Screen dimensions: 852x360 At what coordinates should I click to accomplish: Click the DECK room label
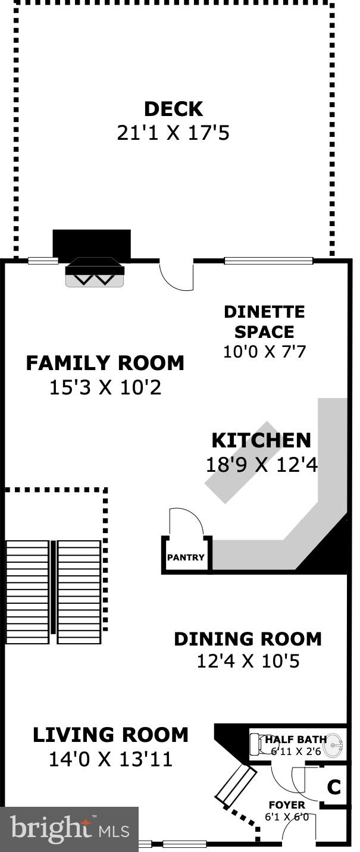coord(173,109)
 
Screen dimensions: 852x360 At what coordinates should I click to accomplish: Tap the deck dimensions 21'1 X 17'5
coord(173,133)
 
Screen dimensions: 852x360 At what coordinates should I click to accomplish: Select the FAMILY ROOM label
coord(105,362)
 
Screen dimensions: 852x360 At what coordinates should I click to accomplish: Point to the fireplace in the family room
coord(94,272)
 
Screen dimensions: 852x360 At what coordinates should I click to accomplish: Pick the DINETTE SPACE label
coord(264,322)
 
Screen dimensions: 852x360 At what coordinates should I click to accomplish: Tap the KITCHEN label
coord(261,440)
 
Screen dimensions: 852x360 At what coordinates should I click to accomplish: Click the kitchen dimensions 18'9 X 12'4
coord(261,464)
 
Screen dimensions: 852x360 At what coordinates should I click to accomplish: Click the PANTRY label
coord(186,557)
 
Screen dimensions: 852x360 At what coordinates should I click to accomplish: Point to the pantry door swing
coord(186,522)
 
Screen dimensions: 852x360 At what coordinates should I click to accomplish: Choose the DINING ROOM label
coord(248,638)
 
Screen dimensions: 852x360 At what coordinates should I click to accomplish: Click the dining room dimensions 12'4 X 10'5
coord(248,660)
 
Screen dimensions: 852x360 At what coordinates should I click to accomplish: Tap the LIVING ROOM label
coord(110,735)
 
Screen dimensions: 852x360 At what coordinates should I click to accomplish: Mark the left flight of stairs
coord(27,591)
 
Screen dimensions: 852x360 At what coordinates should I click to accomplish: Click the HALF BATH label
coord(296,740)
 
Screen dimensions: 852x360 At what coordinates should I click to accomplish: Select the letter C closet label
coord(334,787)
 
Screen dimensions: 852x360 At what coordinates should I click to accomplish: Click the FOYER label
coord(286,805)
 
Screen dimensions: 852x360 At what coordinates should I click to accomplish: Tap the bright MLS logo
coord(69,829)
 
